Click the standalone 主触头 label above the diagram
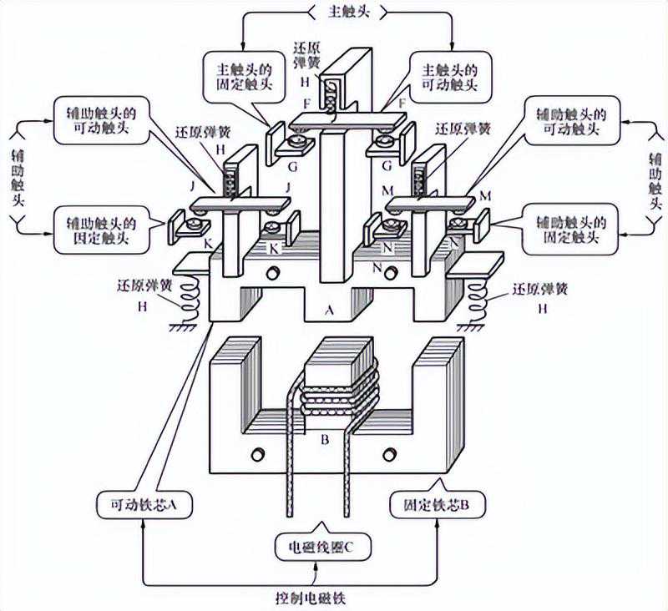347,12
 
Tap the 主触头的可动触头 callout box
450,74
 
